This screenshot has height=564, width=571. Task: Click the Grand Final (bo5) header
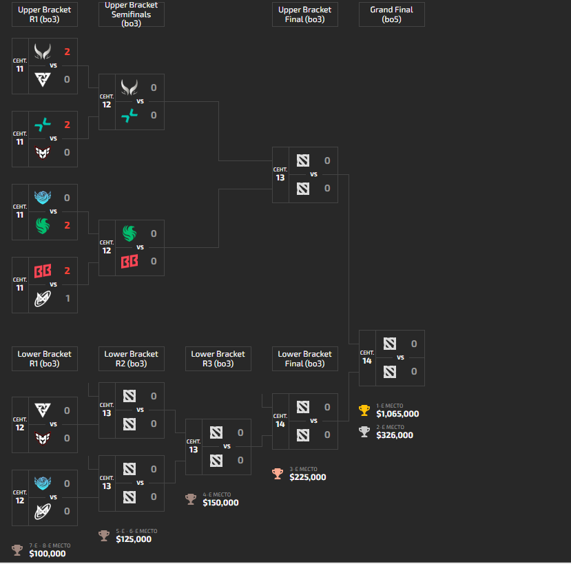[x=391, y=14]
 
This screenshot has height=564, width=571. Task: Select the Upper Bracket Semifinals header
[x=131, y=14]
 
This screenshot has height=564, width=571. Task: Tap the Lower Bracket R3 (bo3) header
[x=218, y=359]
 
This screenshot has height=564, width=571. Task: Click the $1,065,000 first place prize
[x=397, y=414]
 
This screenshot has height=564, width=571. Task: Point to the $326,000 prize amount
[x=395, y=435]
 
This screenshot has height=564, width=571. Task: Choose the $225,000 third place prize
[x=308, y=477]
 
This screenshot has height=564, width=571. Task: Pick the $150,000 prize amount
[x=220, y=503]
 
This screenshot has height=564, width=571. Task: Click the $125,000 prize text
[x=134, y=539]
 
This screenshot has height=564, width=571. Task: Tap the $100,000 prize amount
[x=48, y=553]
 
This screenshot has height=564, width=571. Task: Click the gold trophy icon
[x=364, y=410]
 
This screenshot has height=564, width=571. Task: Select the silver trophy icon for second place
[x=364, y=432]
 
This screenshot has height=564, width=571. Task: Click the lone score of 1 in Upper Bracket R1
[x=67, y=298]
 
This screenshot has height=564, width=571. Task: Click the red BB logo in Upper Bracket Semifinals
[x=129, y=262]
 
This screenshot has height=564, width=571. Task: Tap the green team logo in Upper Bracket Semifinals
[x=129, y=233]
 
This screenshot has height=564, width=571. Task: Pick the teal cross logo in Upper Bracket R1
[x=43, y=125]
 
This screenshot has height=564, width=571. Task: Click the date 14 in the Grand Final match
[x=367, y=361]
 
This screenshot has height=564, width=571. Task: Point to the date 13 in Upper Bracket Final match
[x=280, y=178]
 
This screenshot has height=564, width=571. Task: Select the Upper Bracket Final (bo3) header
[x=304, y=14]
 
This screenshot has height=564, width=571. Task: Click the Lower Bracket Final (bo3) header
[x=304, y=359]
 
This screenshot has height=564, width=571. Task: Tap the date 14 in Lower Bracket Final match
[x=280, y=424]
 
